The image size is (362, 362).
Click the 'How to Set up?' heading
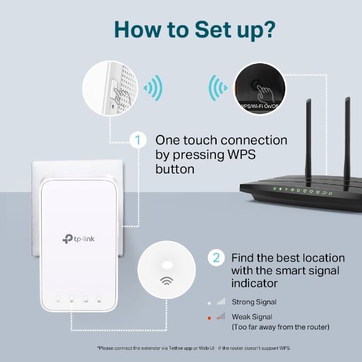coord(181,29)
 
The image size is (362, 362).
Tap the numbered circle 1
coord(138,141)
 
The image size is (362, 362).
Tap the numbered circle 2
coord(215,258)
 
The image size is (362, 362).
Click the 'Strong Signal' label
coord(253,302)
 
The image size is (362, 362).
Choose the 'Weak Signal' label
coord(252,317)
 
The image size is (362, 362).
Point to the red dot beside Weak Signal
coord(209,317)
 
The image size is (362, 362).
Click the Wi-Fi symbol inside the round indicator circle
coord(166,282)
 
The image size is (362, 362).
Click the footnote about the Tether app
coord(193,348)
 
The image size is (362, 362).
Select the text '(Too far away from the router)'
coord(280,327)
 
